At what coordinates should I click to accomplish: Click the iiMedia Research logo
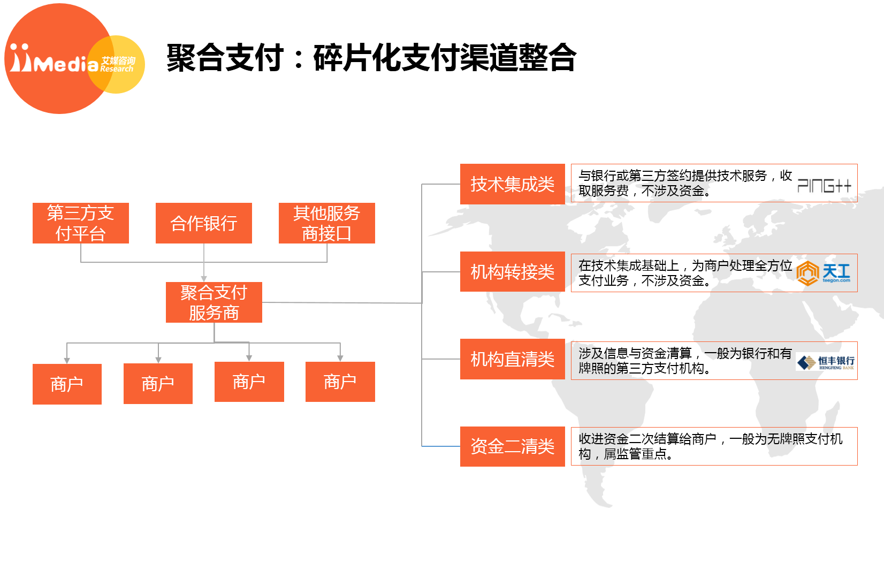pos(74,59)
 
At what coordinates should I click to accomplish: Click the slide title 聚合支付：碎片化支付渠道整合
pos(371,58)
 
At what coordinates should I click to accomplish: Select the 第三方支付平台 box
pos(80,223)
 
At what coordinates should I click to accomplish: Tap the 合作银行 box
pos(204,223)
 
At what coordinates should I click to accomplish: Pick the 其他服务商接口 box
pos(327,223)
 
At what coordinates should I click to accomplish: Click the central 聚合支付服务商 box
pos(214,302)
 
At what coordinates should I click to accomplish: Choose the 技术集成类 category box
pos(512,184)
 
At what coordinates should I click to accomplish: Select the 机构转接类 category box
pos(512,271)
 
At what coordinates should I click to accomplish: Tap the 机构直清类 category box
pos(512,359)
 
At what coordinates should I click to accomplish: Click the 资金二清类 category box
pos(512,446)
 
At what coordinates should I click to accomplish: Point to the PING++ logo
pos(824,186)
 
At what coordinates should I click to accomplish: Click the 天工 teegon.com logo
pos(823,273)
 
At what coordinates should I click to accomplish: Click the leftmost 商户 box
pos(67,384)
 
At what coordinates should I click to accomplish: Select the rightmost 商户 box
pos(340,382)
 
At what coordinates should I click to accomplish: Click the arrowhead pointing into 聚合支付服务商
pos(204,279)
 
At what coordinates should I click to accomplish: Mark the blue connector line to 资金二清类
pos(441,446)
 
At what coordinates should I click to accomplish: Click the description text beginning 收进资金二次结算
pos(711,446)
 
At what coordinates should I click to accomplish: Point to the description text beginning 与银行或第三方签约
pos(685,183)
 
